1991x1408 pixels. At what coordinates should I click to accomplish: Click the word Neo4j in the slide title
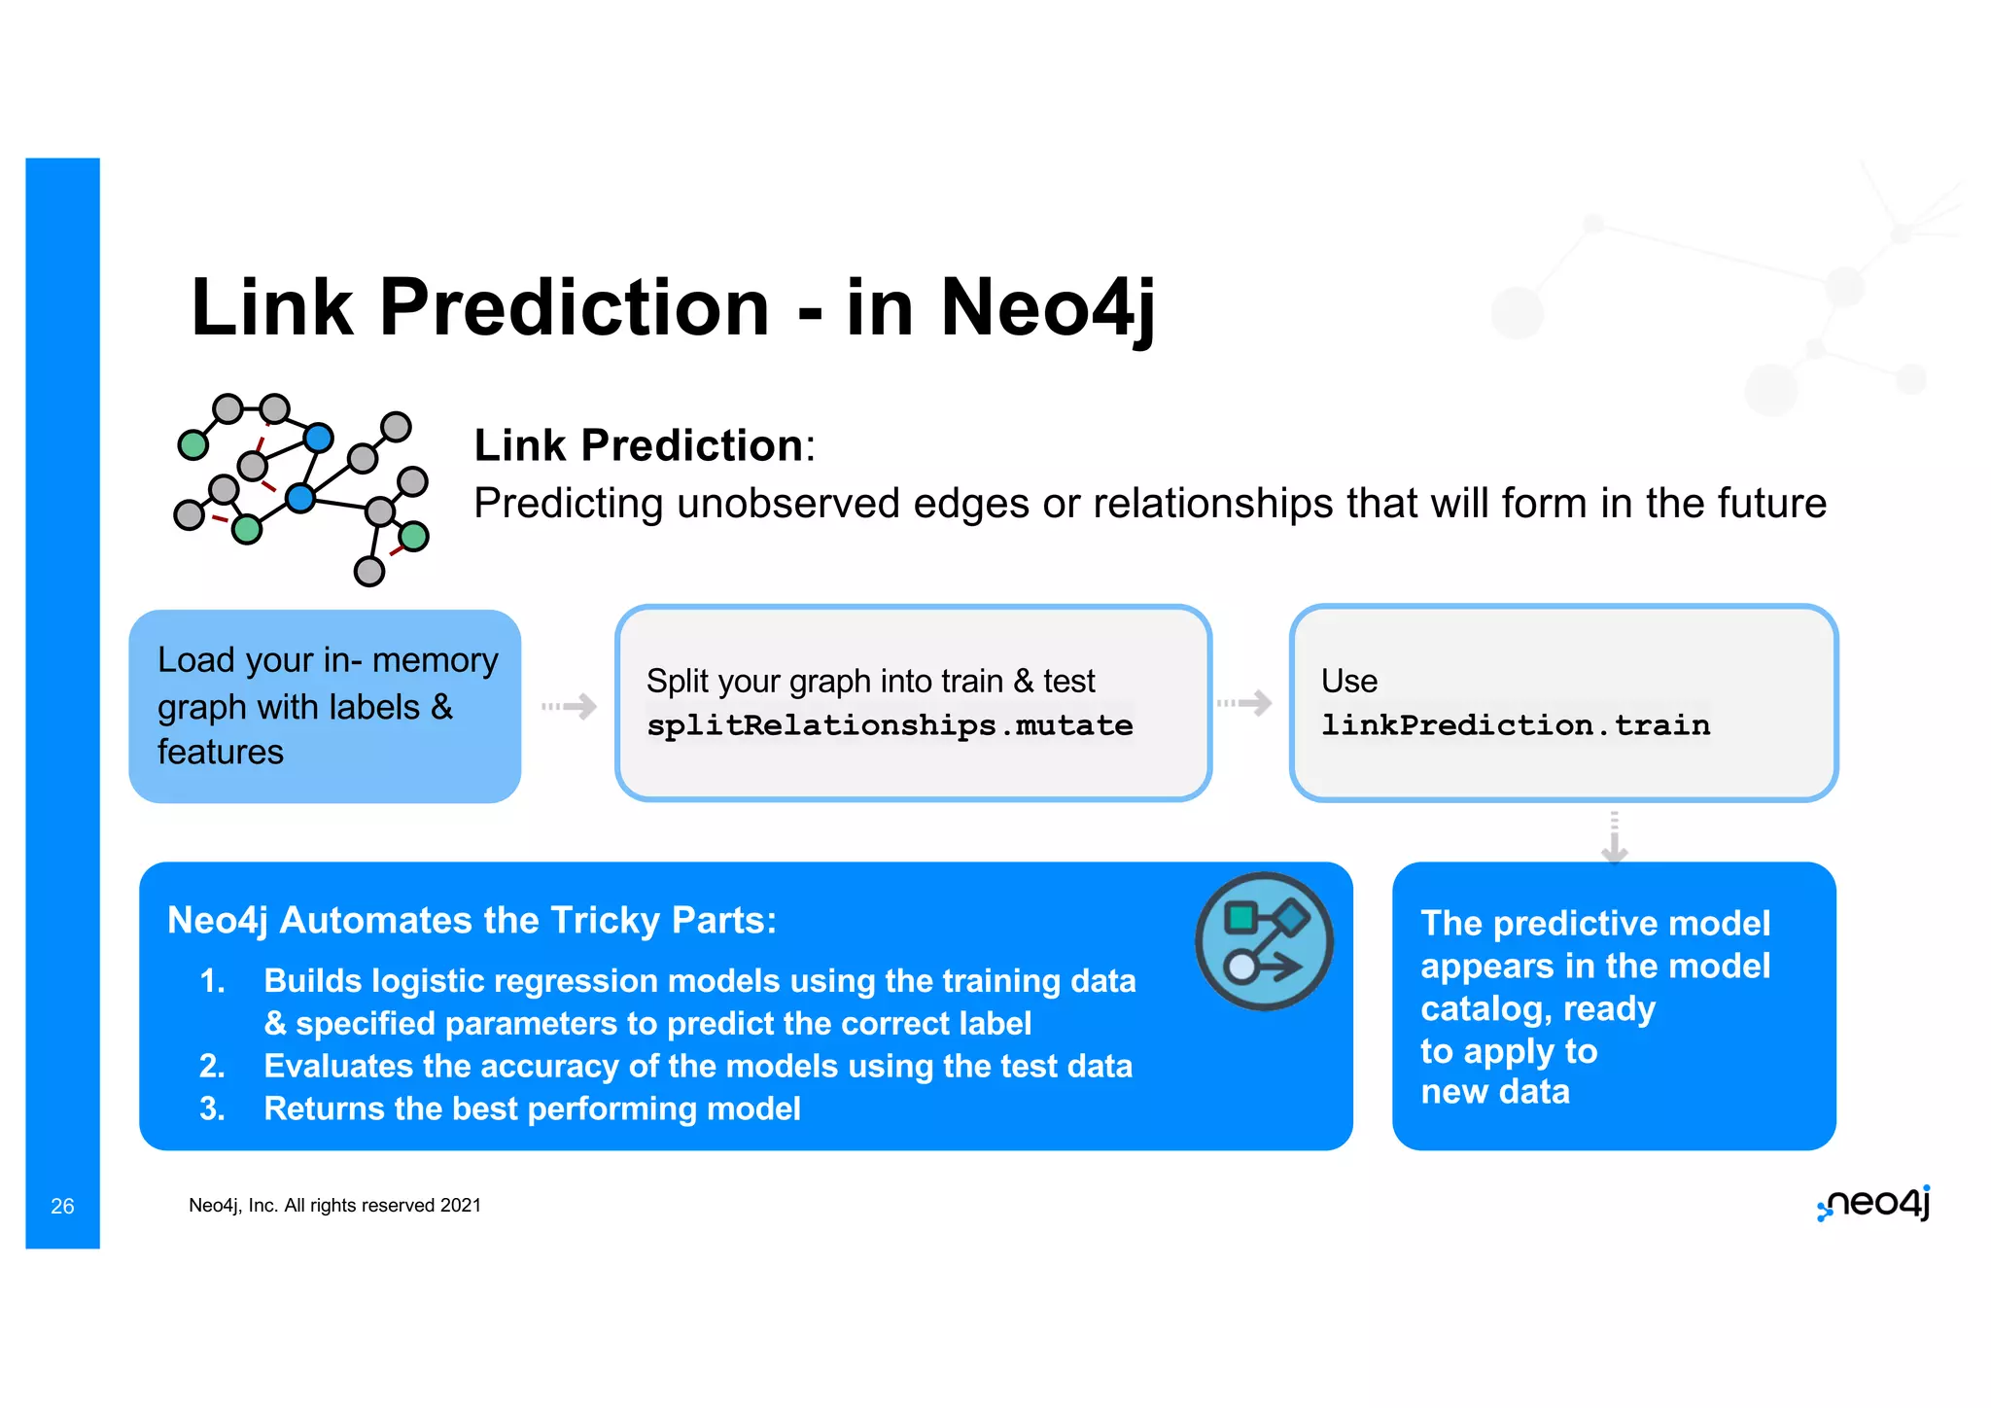[x=1048, y=307]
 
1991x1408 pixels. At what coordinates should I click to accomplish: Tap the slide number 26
[x=62, y=1206]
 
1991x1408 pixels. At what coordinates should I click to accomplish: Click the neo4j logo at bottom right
[x=1873, y=1204]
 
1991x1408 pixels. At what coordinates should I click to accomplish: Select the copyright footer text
[x=334, y=1206]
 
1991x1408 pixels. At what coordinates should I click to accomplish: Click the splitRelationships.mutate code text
[x=890, y=725]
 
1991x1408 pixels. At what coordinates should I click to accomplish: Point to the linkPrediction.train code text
[x=1515, y=725]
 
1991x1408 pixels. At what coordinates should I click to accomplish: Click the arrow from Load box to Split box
[x=570, y=706]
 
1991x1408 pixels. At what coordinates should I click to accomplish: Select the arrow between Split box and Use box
[x=1244, y=702]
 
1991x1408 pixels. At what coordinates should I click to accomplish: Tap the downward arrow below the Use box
[x=1614, y=838]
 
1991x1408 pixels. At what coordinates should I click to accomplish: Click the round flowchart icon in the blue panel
[x=1264, y=941]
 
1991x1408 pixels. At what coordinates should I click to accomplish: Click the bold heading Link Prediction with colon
[x=644, y=445]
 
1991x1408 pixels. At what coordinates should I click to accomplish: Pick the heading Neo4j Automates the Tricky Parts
[x=472, y=920]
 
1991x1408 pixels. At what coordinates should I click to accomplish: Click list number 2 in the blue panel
[x=212, y=1067]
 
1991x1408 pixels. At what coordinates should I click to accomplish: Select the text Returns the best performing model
[x=532, y=1109]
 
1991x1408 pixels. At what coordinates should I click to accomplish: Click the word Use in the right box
[x=1348, y=681]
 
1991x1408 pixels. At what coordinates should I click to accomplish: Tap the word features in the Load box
[x=221, y=752]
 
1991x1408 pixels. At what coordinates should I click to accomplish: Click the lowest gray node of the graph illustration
[x=368, y=571]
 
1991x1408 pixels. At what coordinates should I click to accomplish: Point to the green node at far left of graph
[x=193, y=445]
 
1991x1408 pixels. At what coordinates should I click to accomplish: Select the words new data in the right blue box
[x=1494, y=1092]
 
